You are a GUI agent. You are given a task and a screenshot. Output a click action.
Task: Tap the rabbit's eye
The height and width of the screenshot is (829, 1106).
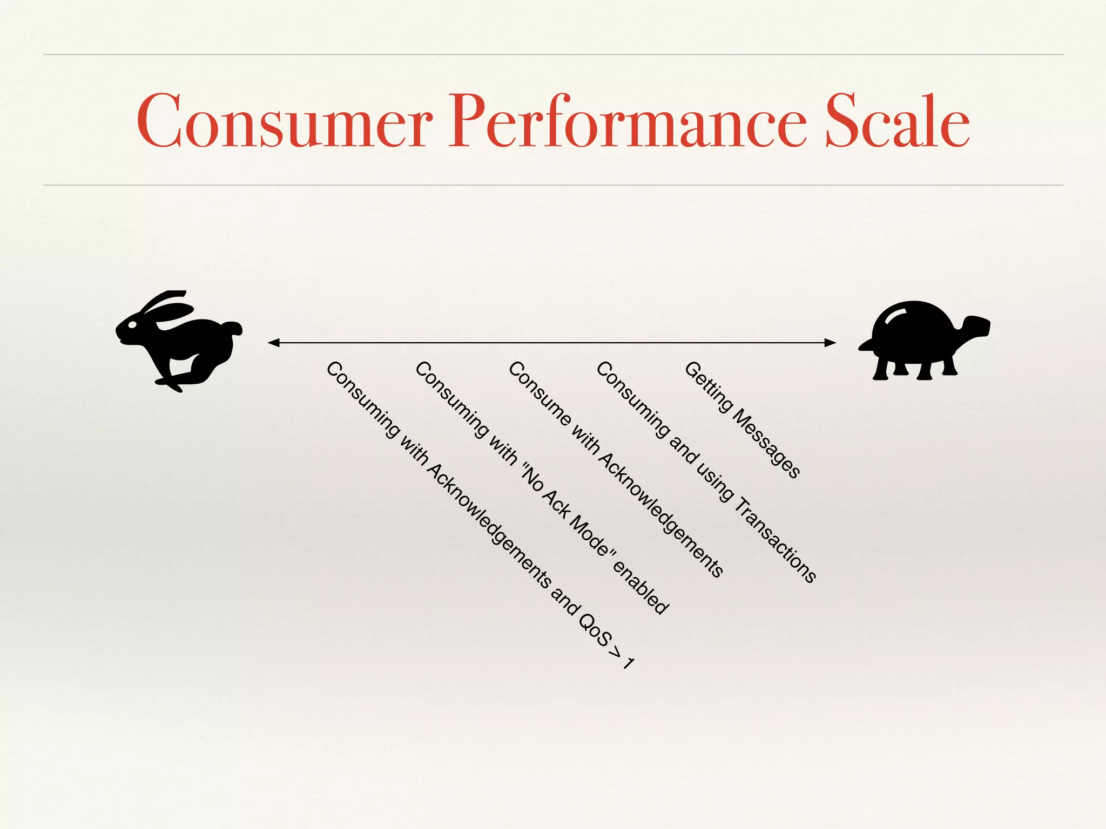[x=132, y=325]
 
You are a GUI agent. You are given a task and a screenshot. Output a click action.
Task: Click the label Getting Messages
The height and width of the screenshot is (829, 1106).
[x=741, y=420]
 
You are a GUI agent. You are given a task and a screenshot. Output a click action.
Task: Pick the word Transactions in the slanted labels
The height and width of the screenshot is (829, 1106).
[x=777, y=540]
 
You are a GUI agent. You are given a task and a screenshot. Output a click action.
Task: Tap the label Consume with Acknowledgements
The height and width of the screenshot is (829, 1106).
[x=616, y=470]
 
